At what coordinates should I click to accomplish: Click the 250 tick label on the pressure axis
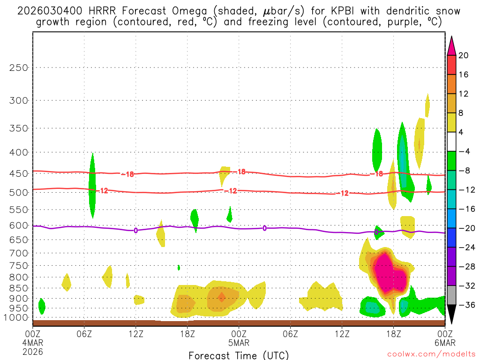tap(19, 67)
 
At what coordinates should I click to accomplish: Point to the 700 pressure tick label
tap(19, 253)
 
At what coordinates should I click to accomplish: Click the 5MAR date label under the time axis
tap(239, 343)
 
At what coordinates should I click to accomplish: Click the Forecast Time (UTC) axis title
tap(239, 355)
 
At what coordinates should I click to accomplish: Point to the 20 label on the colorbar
tap(464, 55)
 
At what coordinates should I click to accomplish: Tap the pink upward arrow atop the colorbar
tap(451, 45)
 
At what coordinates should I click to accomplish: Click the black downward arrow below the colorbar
tap(451, 315)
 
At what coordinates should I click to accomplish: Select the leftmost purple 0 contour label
tap(136, 230)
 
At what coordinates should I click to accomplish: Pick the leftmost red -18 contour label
tap(127, 174)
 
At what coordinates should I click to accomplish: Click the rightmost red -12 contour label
tap(345, 193)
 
